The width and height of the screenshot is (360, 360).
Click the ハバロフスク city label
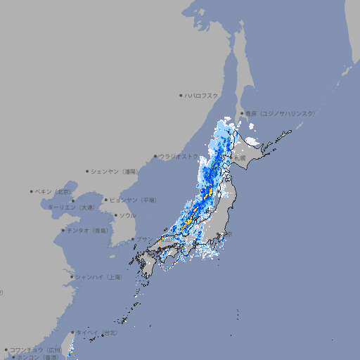pos(202,95)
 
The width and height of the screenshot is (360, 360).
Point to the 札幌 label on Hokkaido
pos(240,158)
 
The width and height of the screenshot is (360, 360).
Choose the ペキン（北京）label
pos(55,191)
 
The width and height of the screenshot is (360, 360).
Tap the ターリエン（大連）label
pos(71,207)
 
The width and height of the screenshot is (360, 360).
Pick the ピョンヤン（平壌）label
pos(134,200)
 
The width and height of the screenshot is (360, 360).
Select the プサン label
pos(144,240)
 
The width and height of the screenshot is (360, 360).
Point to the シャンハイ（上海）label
pos(99,277)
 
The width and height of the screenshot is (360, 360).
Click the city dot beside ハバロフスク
pos(181,95)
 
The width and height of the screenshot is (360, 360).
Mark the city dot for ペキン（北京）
pos(32,191)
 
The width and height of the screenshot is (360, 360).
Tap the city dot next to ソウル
pos(115,216)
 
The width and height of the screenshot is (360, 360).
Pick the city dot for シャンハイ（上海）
pos(72,277)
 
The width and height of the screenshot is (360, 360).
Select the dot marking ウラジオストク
pos(155,157)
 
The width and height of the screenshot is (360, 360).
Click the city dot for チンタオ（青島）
pos(63,231)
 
